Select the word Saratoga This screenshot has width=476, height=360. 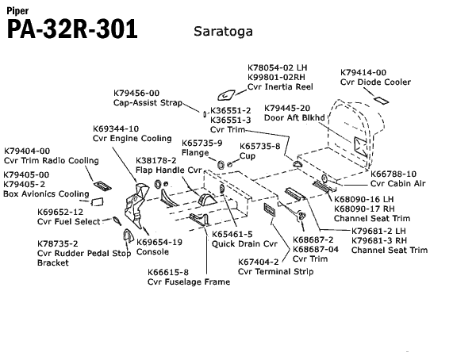click(225, 32)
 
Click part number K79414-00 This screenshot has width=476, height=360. click(363, 71)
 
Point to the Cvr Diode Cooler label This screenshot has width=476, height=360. click(376, 82)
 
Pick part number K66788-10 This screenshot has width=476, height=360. click(393, 174)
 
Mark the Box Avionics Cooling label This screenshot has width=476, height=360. click(46, 193)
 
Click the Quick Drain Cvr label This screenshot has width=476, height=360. click(244, 244)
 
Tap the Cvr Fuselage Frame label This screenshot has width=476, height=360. click(189, 281)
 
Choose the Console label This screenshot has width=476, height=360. click(153, 252)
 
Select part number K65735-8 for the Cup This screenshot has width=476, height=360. click(260, 146)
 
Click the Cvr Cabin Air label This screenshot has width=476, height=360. click(397, 184)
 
